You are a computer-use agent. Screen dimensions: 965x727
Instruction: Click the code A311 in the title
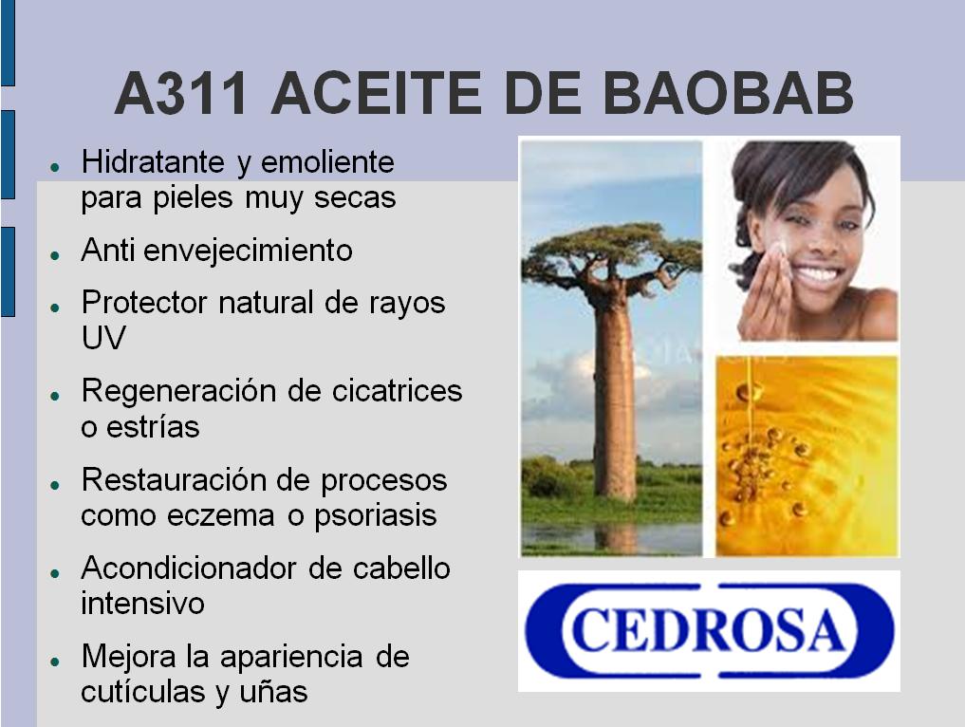click(x=181, y=93)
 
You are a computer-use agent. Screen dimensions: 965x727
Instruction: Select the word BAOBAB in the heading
click(x=728, y=93)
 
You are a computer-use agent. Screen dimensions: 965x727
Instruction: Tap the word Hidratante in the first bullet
click(x=154, y=162)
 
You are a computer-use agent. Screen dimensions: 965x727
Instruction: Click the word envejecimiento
click(x=248, y=250)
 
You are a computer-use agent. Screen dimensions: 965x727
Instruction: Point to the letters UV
click(x=103, y=337)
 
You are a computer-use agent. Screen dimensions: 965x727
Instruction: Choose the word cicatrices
click(x=397, y=390)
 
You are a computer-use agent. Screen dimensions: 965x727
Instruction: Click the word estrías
click(x=154, y=426)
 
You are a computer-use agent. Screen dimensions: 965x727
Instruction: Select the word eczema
click(x=221, y=515)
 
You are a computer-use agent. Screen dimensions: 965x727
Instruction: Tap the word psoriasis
click(x=376, y=516)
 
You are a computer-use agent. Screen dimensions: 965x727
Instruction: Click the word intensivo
click(x=142, y=603)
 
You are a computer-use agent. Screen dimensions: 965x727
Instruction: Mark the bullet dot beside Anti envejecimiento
click(x=55, y=254)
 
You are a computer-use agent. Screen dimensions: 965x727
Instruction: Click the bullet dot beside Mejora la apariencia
click(x=55, y=662)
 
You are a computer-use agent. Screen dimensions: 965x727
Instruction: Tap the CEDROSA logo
click(x=709, y=630)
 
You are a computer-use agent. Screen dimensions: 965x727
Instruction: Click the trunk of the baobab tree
click(x=614, y=394)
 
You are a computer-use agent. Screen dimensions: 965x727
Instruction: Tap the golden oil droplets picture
click(x=807, y=457)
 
